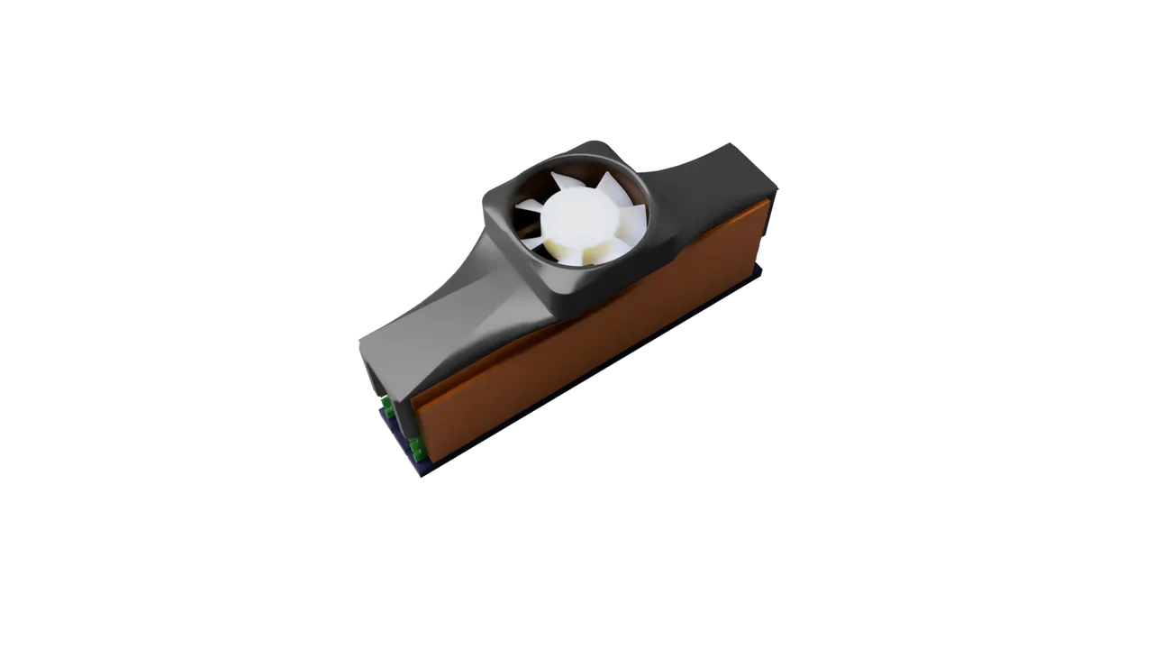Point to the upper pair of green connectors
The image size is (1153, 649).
(386, 406)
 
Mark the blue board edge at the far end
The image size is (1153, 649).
(758, 275)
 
